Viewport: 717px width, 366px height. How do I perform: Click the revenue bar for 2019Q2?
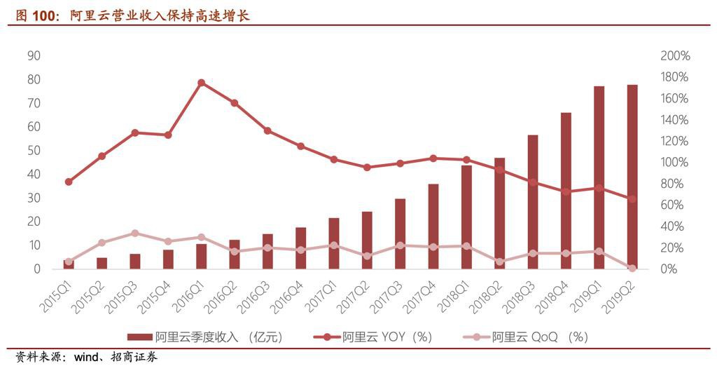click(x=632, y=175)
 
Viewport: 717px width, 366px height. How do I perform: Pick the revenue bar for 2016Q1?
click(x=202, y=257)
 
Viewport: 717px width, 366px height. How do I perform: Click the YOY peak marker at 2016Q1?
click(x=202, y=83)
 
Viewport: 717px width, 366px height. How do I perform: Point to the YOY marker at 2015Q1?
click(x=69, y=182)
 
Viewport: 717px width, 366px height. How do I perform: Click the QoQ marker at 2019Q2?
click(x=632, y=268)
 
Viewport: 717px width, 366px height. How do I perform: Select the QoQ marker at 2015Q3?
click(x=135, y=233)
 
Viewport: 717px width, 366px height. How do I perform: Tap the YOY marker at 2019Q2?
click(x=632, y=199)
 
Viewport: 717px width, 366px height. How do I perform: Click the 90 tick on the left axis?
click(x=34, y=56)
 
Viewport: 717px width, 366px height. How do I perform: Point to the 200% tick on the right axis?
click(x=675, y=56)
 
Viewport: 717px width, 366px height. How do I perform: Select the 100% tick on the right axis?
click(x=675, y=163)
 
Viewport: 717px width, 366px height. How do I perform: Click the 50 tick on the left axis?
click(x=34, y=151)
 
